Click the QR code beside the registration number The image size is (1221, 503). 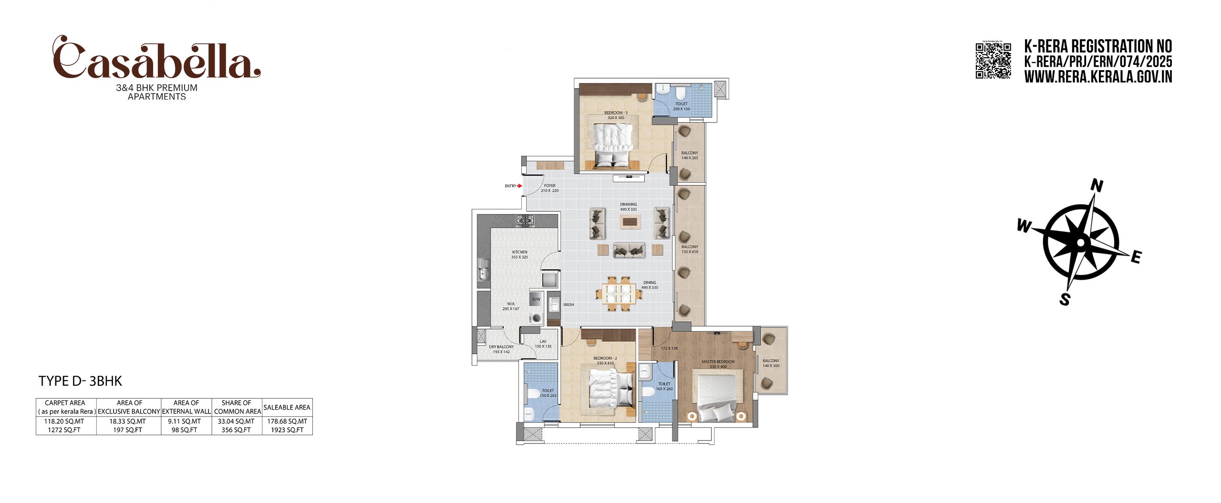tap(993, 61)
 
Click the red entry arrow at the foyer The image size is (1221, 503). tap(519, 186)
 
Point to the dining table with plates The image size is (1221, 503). tap(618, 293)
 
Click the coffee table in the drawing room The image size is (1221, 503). tap(630, 222)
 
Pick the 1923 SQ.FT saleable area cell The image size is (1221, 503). tap(287, 430)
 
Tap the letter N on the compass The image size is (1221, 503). tap(1097, 185)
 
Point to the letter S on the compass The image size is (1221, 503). tap(1065, 299)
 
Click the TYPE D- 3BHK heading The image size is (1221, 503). tap(80, 381)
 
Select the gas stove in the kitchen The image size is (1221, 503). tap(525, 221)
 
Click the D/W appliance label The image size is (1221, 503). tap(536, 299)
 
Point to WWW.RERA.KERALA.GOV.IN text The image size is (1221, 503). tap(1097, 77)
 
